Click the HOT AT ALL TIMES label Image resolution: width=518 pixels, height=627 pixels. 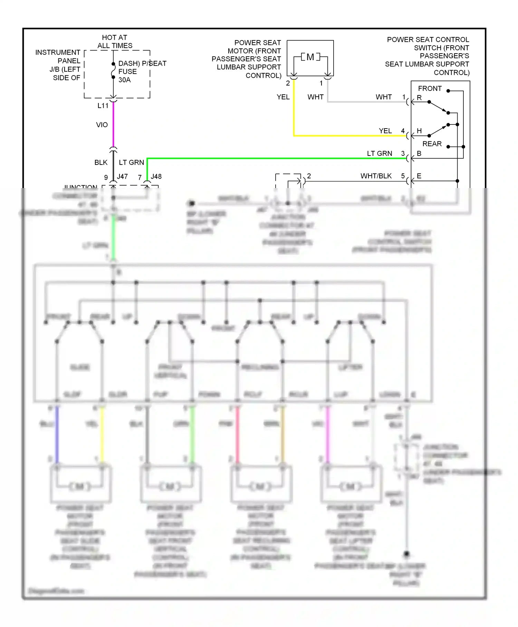pos(115,41)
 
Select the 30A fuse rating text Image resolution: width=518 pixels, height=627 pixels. pos(124,80)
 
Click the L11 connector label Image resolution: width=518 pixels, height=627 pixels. pos(103,106)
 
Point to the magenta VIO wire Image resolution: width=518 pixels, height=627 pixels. pos(113,124)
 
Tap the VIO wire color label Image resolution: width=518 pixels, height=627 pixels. pos(102,125)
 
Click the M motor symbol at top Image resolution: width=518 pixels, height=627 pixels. pos(310,57)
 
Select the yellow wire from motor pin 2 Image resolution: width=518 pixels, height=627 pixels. pos(294,111)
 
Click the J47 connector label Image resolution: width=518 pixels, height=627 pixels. pos(122,177)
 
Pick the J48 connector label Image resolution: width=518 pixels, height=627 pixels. pos(156,177)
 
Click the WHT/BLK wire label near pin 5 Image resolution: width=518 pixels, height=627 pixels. pos(376,176)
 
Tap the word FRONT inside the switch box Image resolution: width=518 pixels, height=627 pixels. pos(430,88)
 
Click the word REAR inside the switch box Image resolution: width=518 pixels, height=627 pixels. pos(432,144)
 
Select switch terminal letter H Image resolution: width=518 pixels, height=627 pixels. pos(419,131)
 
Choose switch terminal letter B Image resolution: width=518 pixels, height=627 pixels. pos(419,153)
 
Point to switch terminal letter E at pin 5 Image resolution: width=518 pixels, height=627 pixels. pos(419,176)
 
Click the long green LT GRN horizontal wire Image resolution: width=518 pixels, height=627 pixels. pos(276,158)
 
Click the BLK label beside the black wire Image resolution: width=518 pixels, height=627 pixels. pos(101,162)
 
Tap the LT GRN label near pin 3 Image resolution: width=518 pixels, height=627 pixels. pos(379,153)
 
